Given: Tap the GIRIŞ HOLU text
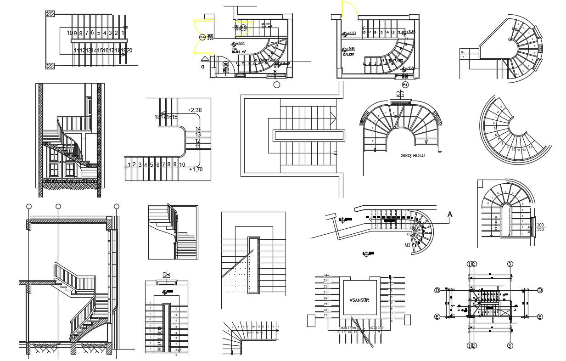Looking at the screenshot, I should coord(412,156).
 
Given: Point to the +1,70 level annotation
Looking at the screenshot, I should coord(196,169).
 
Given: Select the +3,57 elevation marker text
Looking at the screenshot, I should coord(351,33).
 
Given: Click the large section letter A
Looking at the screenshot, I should coord(450,214).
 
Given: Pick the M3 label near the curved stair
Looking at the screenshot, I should coord(407,245).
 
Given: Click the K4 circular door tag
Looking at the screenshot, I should coord(202,37).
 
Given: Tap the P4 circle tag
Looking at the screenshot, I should coord(405,85).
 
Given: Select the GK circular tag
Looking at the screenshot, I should coord(225,65).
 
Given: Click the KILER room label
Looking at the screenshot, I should coord(265,24).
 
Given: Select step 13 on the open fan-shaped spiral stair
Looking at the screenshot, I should coord(530,147).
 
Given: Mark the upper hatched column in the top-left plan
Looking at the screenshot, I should coord(50,14).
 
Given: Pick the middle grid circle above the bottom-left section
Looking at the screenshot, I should coord(58,206).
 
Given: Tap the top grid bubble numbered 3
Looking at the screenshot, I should coord(510,264).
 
